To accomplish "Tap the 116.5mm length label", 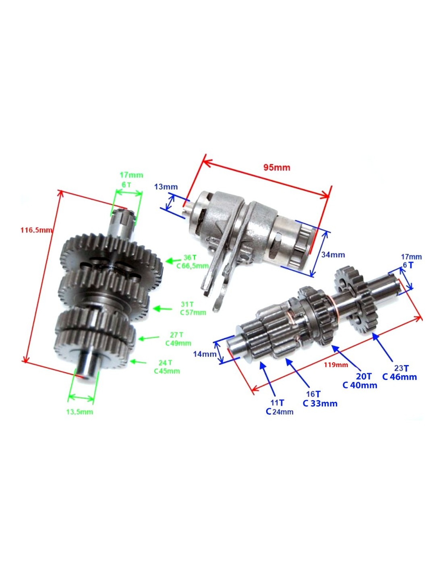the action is (x=36, y=230).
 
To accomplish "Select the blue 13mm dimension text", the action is (x=166, y=187).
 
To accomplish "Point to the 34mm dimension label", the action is (x=333, y=255).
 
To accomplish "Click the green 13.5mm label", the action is (x=80, y=412).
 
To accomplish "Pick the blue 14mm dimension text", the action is (x=205, y=354).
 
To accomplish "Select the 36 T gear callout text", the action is (x=190, y=257).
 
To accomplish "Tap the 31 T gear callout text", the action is (x=187, y=304).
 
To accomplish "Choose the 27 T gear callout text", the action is (x=176, y=335).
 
